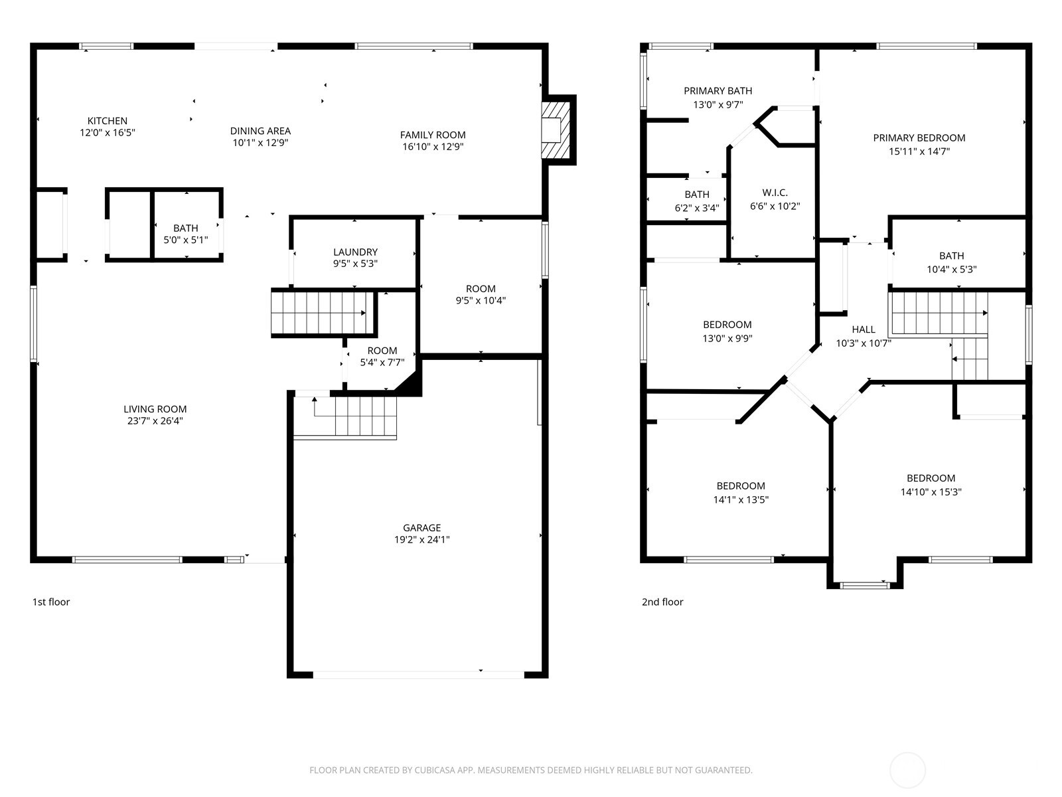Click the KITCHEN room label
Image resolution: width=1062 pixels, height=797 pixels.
[x=108, y=121]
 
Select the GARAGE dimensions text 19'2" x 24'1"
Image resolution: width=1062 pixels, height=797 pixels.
[x=421, y=540]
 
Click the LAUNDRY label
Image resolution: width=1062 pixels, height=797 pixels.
[x=355, y=252]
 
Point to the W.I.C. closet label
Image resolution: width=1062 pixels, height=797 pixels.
[x=775, y=193]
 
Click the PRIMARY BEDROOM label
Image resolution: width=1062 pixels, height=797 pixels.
[x=919, y=138]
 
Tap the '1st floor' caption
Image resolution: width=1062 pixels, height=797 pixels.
[x=51, y=602]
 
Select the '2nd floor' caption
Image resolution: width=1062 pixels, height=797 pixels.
[x=662, y=602]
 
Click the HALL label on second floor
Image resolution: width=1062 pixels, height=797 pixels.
[x=864, y=329]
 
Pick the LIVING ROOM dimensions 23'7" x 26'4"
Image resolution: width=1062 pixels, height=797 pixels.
[x=155, y=420]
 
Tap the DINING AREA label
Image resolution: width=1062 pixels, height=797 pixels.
[x=260, y=131]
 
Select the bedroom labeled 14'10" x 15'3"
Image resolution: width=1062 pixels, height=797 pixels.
[x=931, y=485]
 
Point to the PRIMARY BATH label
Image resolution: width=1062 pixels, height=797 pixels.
[x=718, y=91]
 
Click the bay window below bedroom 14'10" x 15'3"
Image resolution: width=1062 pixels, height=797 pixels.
[x=864, y=585]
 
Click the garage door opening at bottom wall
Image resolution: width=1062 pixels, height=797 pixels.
[x=418, y=674]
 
